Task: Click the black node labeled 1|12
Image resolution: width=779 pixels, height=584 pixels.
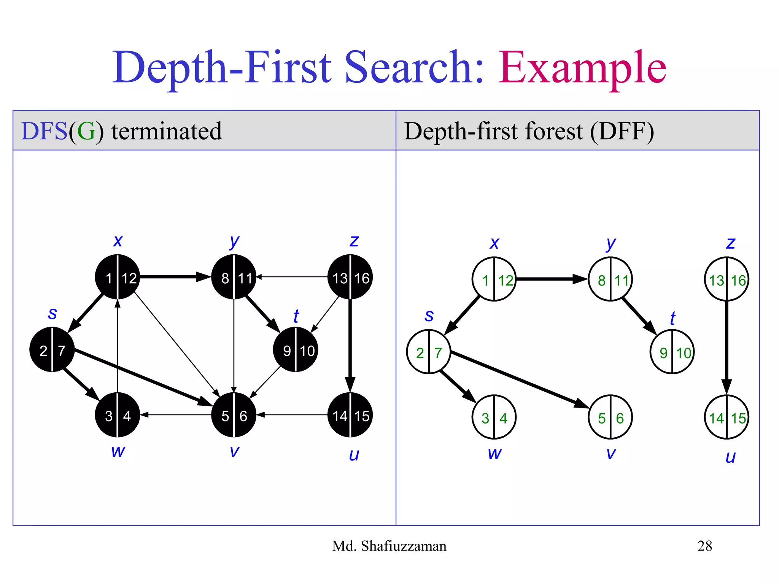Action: coord(118,277)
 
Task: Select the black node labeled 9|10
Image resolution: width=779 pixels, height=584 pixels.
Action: coord(296,350)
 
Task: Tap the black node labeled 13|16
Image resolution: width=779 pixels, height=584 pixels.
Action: coord(350,277)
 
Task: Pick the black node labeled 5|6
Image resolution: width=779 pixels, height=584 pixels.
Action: coord(234,415)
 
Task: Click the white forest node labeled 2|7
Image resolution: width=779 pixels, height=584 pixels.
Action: coord(429,352)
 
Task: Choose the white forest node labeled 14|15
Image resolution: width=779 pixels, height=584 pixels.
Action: coord(727,417)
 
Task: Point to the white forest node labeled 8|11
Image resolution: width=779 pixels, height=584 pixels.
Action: coord(610,279)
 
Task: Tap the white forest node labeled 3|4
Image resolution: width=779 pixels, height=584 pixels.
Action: coord(494,417)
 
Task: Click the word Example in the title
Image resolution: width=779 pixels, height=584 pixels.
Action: coord(582,67)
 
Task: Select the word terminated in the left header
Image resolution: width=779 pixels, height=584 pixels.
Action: coord(167,131)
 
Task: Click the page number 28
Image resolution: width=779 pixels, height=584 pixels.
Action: coord(704,546)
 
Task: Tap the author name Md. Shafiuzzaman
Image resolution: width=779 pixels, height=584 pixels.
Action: coord(389,546)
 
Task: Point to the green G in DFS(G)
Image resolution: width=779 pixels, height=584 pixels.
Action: coord(86,131)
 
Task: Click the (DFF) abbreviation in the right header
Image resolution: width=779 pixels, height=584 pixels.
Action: coord(622,131)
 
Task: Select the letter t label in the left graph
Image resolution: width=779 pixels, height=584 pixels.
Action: coord(296,316)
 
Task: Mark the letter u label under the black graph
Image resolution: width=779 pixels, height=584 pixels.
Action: coord(354,455)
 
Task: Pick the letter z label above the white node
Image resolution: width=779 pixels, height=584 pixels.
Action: coord(730,243)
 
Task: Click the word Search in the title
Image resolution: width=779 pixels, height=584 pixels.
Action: coord(415,67)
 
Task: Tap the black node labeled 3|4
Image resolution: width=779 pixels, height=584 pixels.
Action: coord(118,415)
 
